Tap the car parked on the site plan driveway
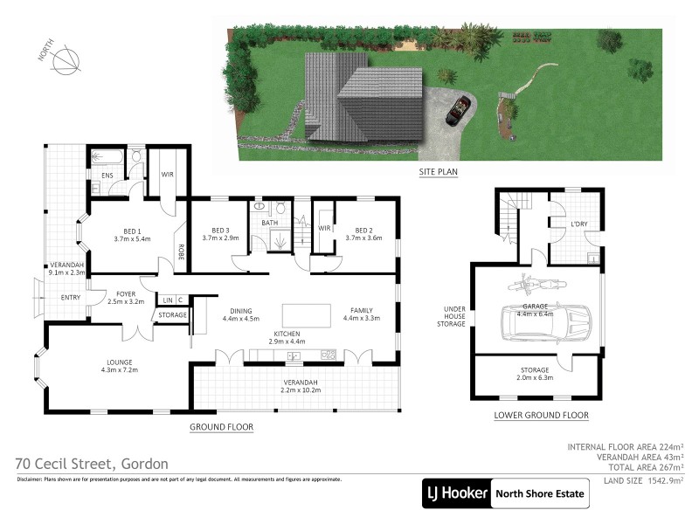coord(457,111)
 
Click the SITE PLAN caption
coord(438,172)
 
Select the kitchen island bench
coord(306,314)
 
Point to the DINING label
coord(240,314)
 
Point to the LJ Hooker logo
coord(456,493)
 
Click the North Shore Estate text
coord(540,493)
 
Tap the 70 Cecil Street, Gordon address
coord(93,464)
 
